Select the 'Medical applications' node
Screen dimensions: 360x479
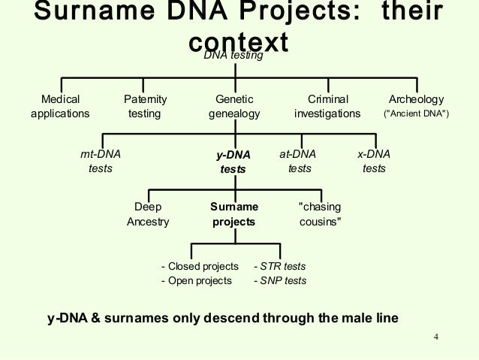[60, 107]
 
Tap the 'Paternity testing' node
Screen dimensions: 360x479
[145, 107]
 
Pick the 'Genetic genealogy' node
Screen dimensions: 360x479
[234, 107]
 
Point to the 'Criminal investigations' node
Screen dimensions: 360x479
[327, 107]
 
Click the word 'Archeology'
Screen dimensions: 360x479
[417, 99]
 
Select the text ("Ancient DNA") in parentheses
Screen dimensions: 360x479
[417, 114]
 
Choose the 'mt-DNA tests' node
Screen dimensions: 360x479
[101, 161]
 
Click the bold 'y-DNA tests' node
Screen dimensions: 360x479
[233, 162]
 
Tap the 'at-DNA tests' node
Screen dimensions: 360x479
[298, 161]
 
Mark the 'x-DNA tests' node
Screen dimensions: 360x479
[374, 161]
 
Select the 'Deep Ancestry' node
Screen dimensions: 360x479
[148, 214]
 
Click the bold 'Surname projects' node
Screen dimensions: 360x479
[233, 214]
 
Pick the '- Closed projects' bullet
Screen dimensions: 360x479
[200, 266]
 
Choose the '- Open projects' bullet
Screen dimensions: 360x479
[197, 281]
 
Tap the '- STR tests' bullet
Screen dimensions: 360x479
[279, 266]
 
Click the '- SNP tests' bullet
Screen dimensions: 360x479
[279, 281]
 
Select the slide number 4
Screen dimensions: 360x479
[435, 336]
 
